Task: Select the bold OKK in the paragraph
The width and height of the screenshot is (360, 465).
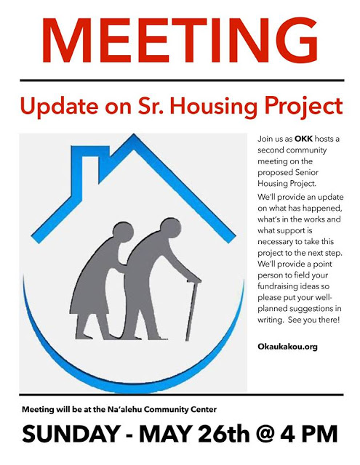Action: [x=303, y=139]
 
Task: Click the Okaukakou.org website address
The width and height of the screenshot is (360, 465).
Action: [x=287, y=347]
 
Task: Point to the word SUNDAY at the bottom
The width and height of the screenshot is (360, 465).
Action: [x=71, y=434]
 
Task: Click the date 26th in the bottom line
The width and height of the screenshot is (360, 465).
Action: [x=224, y=434]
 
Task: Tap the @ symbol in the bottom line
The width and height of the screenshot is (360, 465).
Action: [x=266, y=434]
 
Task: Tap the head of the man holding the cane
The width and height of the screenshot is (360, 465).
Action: [x=170, y=227]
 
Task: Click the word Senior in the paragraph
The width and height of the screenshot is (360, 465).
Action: [x=307, y=172]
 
